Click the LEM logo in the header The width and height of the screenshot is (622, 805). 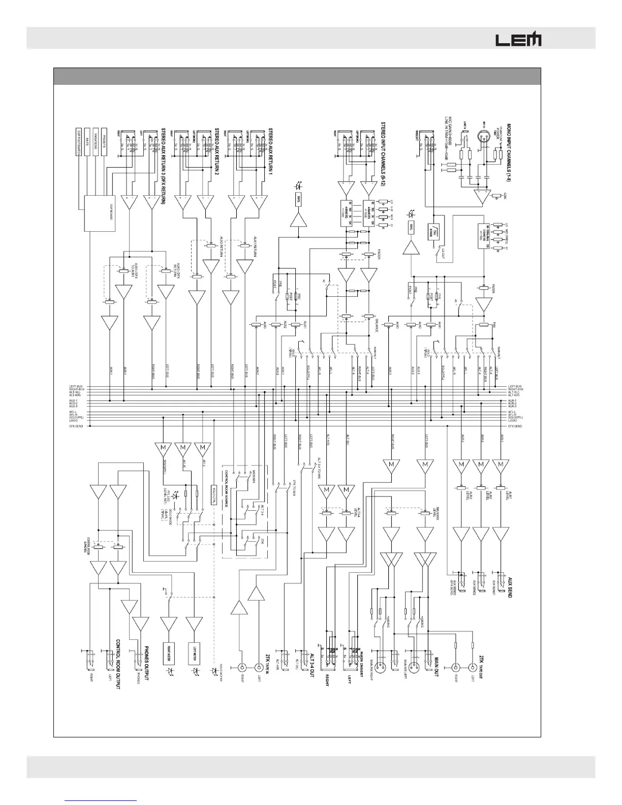(x=518, y=39)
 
